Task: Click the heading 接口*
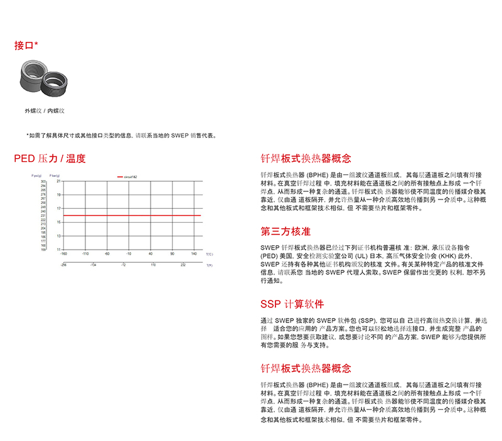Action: point(26,46)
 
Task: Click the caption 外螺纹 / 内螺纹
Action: point(45,110)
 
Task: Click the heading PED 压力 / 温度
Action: point(50,159)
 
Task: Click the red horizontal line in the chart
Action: point(132,215)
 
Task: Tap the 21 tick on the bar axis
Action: point(58,181)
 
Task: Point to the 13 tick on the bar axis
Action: point(58,236)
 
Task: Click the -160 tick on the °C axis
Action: point(63,254)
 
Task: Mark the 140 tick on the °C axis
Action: point(193,254)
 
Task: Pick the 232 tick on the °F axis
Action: point(184,265)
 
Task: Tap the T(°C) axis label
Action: point(210,254)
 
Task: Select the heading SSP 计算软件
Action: point(292,304)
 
